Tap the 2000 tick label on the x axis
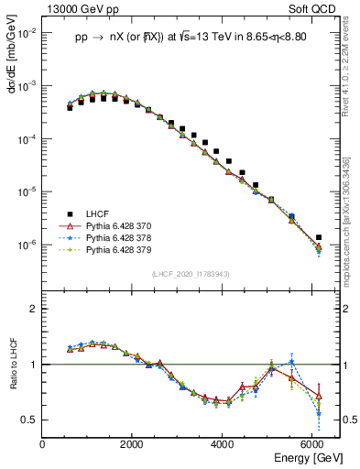point(133,444)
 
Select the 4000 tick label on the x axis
point(223,444)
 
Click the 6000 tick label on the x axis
point(312,444)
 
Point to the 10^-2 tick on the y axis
point(27,32)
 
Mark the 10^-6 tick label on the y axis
point(27,245)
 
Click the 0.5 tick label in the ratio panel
point(29,420)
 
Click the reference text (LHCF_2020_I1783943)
point(191,273)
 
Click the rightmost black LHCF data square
point(319,237)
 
